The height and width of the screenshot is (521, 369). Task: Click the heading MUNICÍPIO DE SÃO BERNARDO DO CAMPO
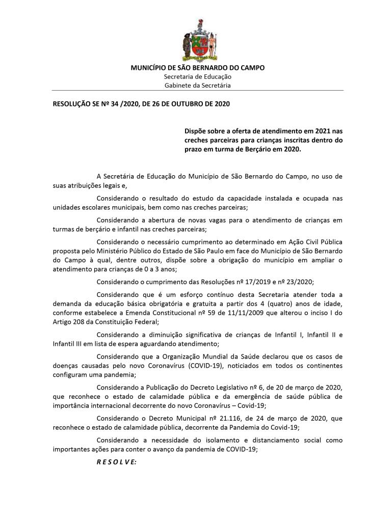pos(198,68)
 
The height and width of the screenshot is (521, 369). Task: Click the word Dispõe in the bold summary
pos(196,131)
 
